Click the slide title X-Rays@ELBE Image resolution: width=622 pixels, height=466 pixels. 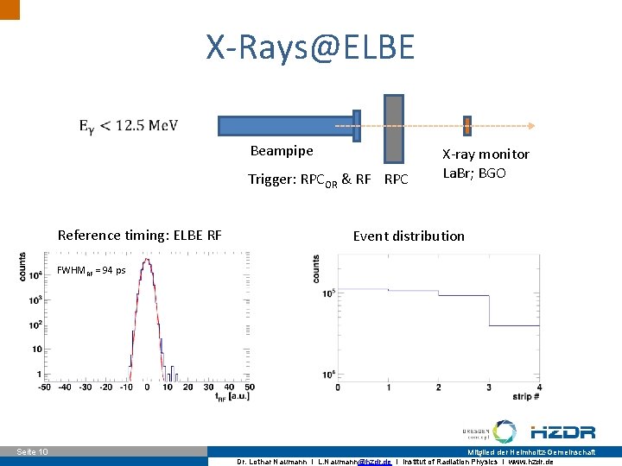[310, 47]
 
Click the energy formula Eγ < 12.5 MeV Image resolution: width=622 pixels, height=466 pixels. [129, 126]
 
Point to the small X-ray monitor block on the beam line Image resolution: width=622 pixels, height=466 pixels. [467, 126]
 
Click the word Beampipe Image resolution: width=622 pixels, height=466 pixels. [282, 151]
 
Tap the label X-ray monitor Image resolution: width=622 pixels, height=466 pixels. [486, 154]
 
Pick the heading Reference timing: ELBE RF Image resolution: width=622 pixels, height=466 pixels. [139, 235]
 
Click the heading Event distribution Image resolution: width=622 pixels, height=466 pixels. [409, 236]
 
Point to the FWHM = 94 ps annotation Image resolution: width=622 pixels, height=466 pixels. [91, 270]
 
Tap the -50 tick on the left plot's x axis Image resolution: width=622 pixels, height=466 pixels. [43, 387]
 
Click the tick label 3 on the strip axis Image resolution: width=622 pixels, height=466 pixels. [489, 387]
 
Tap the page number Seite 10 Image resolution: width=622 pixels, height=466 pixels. [33, 452]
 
